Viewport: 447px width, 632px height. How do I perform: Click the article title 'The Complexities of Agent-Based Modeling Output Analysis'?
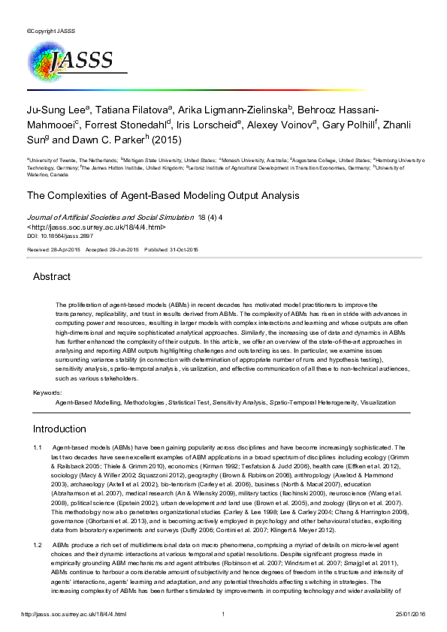pyautogui.click(x=163, y=196)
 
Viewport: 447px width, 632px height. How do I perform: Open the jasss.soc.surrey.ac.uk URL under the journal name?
pyautogui.click(x=97, y=227)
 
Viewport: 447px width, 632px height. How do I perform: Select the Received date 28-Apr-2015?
pyautogui.click(x=53, y=248)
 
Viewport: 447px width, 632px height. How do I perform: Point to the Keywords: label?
pyautogui.click(x=47, y=393)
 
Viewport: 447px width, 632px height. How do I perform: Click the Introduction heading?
pyautogui.click(x=59, y=429)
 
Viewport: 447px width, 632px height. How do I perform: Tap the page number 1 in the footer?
pyautogui.click(x=224, y=614)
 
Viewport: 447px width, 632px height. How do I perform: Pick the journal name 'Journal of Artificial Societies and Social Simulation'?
pyautogui.click(x=110, y=218)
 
